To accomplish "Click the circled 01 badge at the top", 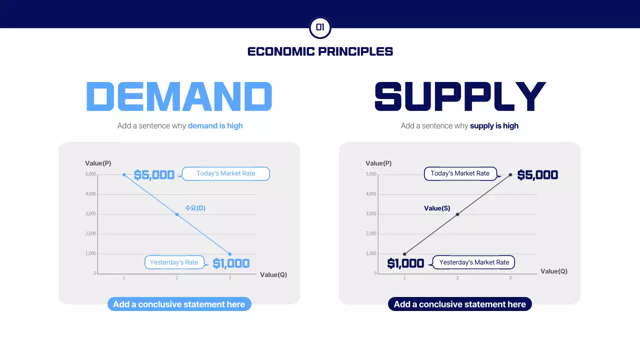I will [320, 27].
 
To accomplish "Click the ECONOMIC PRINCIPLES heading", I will [320, 51].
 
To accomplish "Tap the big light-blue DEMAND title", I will [179, 96].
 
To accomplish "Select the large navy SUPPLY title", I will [460, 96].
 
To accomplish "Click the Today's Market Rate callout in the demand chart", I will [225, 173].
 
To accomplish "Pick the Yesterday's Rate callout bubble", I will [174, 262].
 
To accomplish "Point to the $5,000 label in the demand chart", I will [154, 175].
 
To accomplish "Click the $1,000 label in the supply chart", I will [405, 263].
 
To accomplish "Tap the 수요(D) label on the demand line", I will [195, 208].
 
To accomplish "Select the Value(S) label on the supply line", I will [437, 208].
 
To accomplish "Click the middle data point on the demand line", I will [177, 214].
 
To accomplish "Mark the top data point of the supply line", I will [510, 174].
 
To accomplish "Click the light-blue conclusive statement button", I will [179, 304].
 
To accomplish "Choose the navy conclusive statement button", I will [460, 304].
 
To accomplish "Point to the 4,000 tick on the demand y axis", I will [90, 194].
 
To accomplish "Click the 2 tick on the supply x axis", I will [457, 277].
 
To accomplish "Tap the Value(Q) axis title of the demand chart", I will [273, 274].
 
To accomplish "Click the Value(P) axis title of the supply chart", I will [378, 163].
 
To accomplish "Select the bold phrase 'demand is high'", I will [215, 126].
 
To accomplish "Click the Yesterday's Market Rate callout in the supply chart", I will [474, 262].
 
